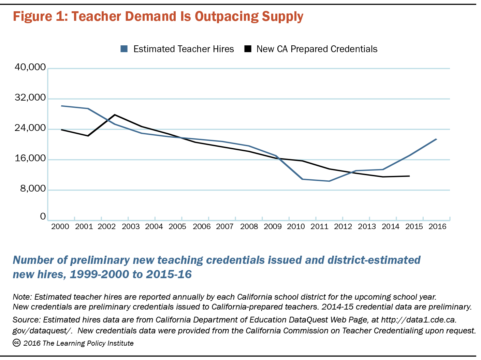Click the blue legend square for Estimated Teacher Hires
[x=124, y=49]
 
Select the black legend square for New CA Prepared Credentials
[x=248, y=49]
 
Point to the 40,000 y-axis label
[x=30, y=67]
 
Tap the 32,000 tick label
[x=30, y=97]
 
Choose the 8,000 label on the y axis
[x=33, y=189]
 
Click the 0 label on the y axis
[x=43, y=216]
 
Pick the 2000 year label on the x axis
[x=60, y=226]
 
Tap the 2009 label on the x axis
[x=273, y=226]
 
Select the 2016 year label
[x=437, y=226]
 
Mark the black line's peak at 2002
[x=115, y=115]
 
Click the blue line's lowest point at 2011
[x=329, y=181]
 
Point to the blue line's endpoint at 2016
[x=437, y=139]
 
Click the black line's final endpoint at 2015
[x=409, y=176]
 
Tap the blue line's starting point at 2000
[x=61, y=106]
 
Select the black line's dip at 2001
[x=88, y=136]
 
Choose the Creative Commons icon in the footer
[x=17, y=343]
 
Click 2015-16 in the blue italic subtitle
[x=169, y=274]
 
